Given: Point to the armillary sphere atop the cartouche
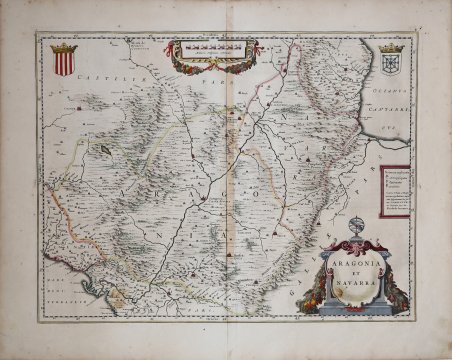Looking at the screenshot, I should tap(356, 221).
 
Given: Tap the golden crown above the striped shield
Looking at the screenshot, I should tap(62, 47).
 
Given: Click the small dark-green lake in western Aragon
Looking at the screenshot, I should tap(104, 151).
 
